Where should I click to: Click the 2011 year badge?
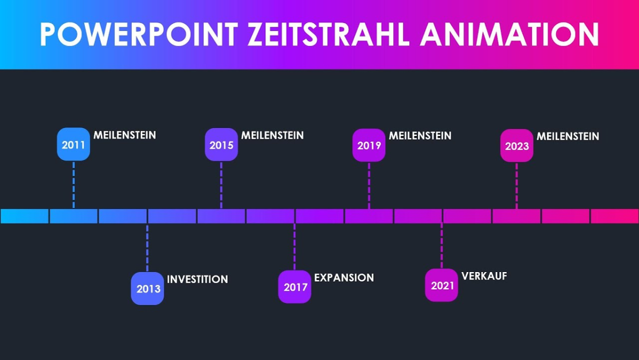coord(74,145)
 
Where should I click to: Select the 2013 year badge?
coord(148,289)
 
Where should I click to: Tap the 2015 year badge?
coord(221,145)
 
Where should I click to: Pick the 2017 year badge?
coord(295,287)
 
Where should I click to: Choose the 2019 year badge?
coord(369,145)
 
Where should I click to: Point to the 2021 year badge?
coord(442,285)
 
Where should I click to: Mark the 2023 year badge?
coord(516,146)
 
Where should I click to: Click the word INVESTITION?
coord(197,279)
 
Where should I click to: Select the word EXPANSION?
coord(344,277)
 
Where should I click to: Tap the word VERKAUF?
coord(484,276)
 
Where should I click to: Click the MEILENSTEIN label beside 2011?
coord(125,135)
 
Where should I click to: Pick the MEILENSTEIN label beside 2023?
coord(568,137)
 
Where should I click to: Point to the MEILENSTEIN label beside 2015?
coord(272,135)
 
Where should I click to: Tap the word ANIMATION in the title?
coord(510,35)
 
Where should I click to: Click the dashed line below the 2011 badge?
coord(74,184)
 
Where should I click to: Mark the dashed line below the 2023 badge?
coord(516,185)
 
